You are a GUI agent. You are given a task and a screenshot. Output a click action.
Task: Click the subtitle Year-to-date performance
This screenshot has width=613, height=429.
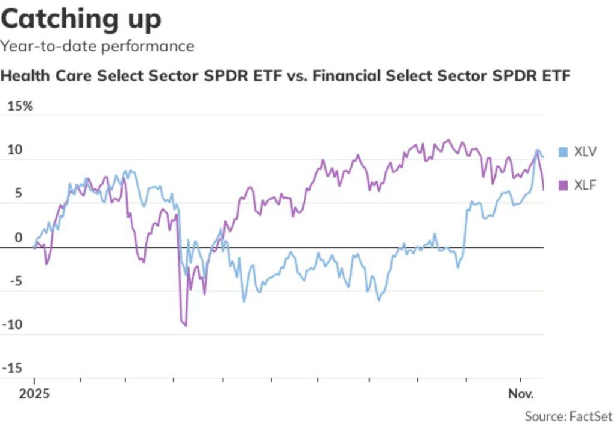pyautogui.click(x=97, y=46)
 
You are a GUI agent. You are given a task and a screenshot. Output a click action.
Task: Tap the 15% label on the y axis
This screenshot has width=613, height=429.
pyautogui.click(x=20, y=107)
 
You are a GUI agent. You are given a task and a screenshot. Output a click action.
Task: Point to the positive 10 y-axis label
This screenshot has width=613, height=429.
pyautogui.click(x=14, y=150)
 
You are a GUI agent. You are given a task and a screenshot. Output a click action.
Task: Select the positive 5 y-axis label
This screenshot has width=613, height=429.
pyautogui.click(x=18, y=194)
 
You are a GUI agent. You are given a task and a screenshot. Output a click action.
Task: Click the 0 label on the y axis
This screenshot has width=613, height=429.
pyautogui.click(x=18, y=238)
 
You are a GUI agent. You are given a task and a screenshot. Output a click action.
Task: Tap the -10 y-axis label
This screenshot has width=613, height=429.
pyautogui.click(x=14, y=325)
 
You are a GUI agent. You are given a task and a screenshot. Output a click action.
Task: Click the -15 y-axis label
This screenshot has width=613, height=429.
pyautogui.click(x=14, y=368)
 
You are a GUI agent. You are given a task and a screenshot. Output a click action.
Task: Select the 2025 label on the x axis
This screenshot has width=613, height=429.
pyautogui.click(x=34, y=394)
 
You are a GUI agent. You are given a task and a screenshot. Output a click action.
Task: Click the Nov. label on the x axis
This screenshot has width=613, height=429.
pyautogui.click(x=521, y=394)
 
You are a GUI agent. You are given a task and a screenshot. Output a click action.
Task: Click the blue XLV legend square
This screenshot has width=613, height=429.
pyautogui.click(x=562, y=152)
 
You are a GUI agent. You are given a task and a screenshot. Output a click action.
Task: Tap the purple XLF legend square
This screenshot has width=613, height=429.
pyautogui.click(x=562, y=185)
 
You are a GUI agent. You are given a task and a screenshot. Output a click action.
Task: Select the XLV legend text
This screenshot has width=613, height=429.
pyautogui.click(x=585, y=152)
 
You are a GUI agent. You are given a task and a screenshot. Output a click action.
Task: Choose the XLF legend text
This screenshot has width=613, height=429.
pyautogui.click(x=585, y=185)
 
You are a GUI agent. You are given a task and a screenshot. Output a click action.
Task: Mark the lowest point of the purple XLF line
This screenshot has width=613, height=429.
pyautogui.click(x=186, y=325)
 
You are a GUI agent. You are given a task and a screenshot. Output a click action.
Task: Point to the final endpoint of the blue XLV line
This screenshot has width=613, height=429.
pyautogui.click(x=542, y=157)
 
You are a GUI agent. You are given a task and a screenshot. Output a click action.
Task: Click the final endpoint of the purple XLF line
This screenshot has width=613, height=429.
pyautogui.click(x=543, y=190)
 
